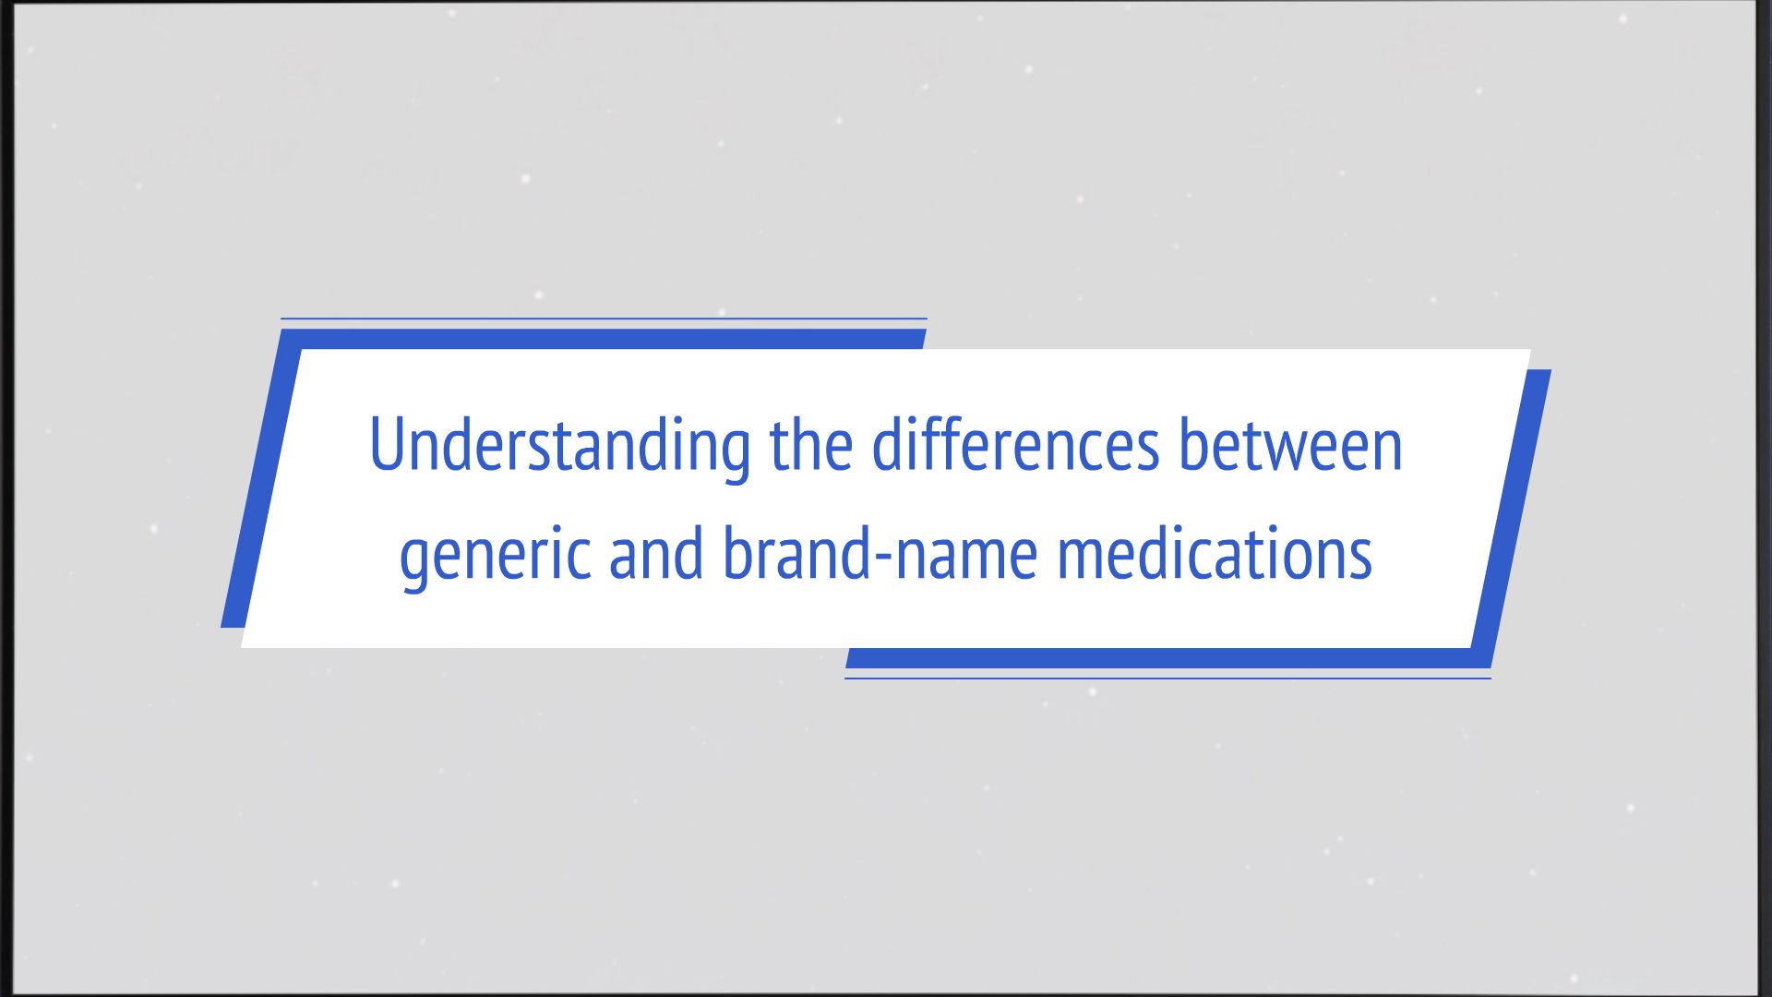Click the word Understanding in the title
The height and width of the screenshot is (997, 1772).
pos(559,446)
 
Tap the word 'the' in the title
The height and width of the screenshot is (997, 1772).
pos(810,446)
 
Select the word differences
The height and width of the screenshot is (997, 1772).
pos(1015,446)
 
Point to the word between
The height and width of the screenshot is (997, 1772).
pos(1290,446)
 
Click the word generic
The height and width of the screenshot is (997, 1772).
pos(495,555)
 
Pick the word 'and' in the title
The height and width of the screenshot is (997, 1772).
pos(655,555)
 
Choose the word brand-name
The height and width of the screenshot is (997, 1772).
pos(880,555)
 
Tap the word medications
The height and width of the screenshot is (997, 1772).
pos(1215,555)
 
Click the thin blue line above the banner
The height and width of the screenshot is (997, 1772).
pos(604,318)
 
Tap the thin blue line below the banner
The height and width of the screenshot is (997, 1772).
pos(1167,679)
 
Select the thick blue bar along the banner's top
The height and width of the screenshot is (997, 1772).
pos(609,339)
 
